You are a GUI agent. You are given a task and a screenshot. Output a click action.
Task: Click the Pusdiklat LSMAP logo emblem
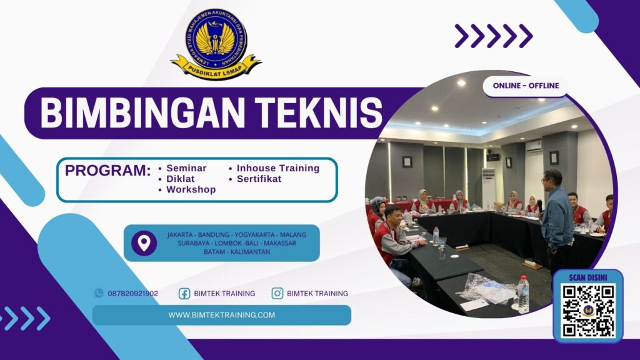(x=216, y=42)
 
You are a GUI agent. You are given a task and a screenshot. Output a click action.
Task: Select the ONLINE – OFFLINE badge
(x=526, y=86)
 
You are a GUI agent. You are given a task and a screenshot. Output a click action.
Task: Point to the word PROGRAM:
(x=108, y=171)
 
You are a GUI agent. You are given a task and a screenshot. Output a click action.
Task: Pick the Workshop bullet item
(x=191, y=189)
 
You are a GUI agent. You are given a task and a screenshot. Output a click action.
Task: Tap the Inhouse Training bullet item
(x=277, y=168)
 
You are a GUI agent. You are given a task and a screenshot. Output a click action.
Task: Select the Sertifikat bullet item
(x=259, y=179)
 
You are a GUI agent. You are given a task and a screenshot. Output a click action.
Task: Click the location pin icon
(x=144, y=242)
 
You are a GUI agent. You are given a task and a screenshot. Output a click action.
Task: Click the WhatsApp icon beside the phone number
(x=99, y=292)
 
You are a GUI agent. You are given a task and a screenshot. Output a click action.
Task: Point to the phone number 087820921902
(x=132, y=293)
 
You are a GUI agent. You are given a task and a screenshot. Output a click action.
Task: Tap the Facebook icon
(x=184, y=293)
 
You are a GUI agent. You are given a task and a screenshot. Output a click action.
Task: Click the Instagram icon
(x=277, y=293)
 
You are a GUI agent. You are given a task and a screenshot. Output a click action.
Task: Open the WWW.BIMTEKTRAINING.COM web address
(x=221, y=315)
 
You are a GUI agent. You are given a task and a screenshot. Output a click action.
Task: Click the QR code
(x=587, y=310)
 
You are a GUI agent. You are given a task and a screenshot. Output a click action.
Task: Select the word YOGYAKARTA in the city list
(x=257, y=234)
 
